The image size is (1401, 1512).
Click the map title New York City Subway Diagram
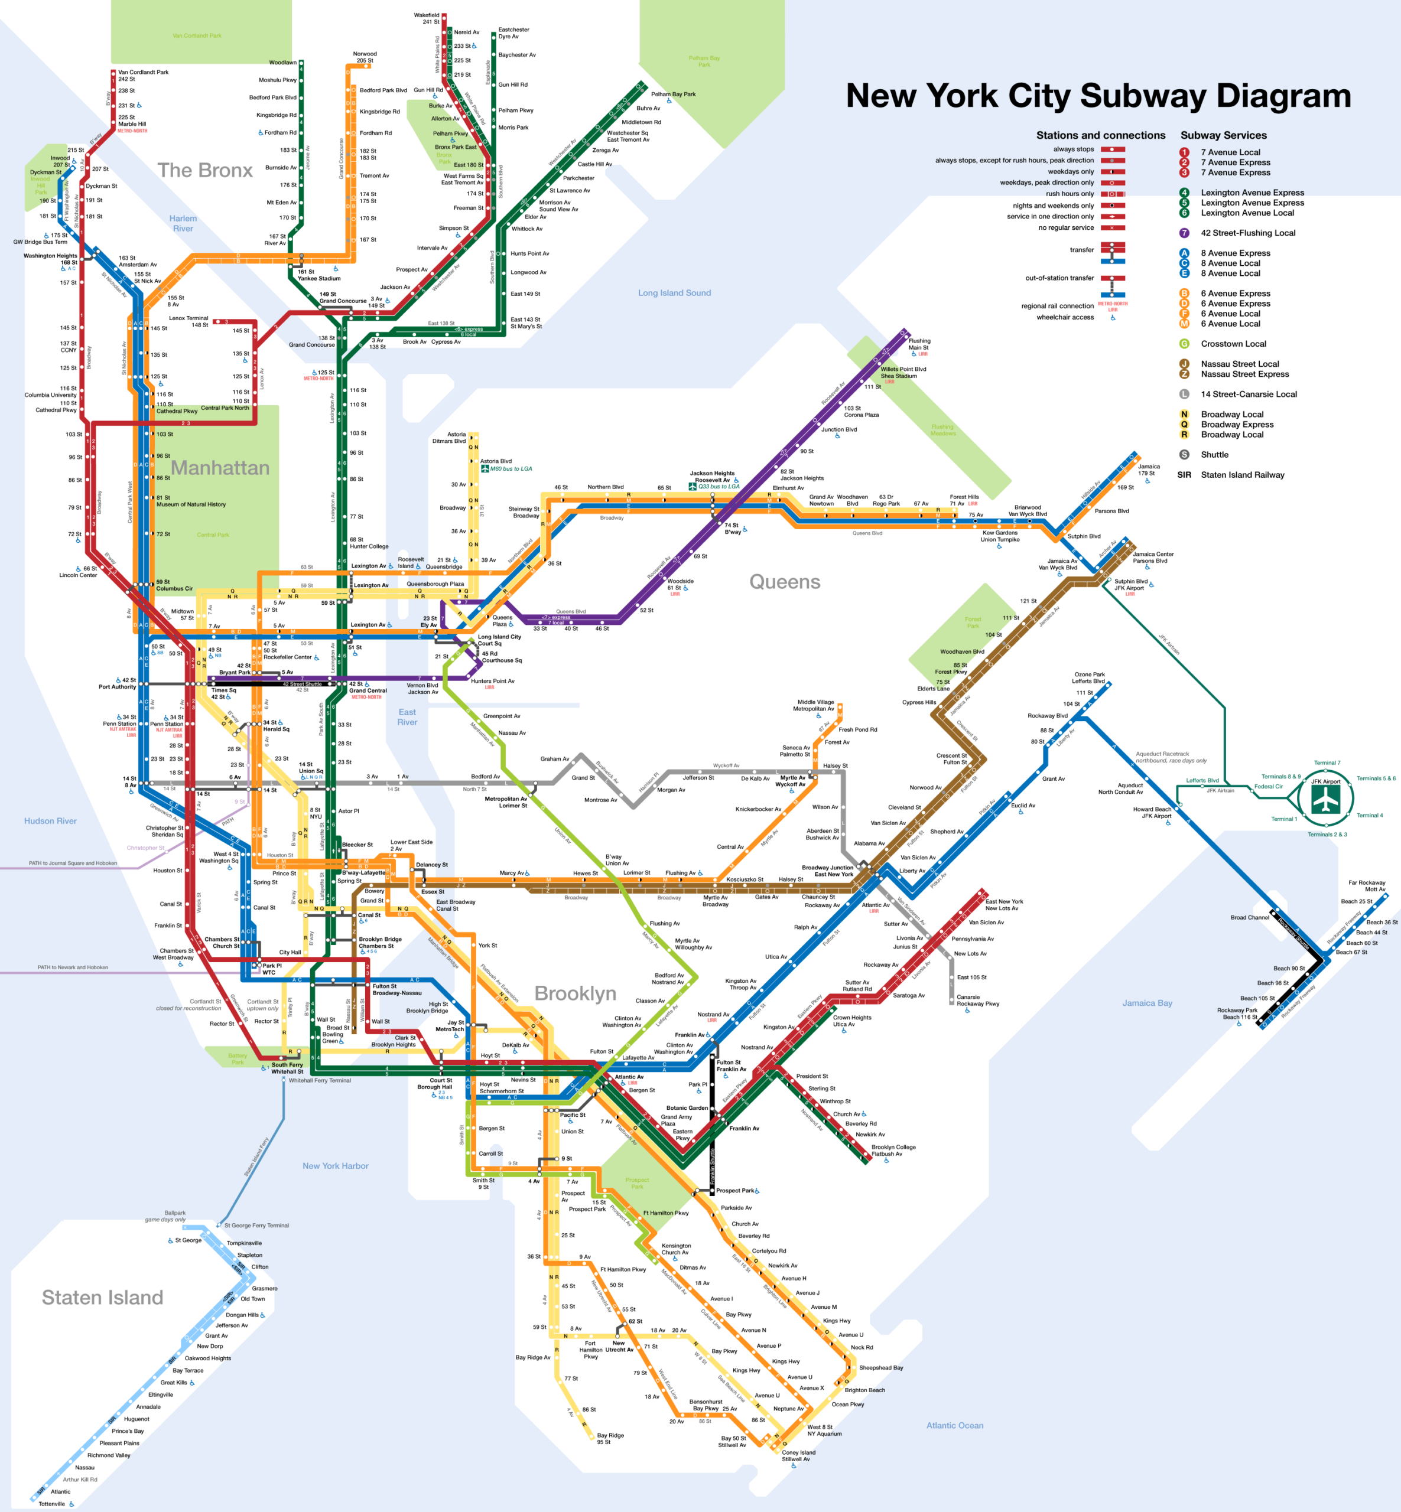point(1098,96)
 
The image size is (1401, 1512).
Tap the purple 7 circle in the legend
point(1184,233)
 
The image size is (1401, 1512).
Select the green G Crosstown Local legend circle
point(1184,343)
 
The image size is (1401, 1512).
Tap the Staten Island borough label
point(102,1298)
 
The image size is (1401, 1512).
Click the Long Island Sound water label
point(674,292)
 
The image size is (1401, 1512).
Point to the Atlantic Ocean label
point(954,1426)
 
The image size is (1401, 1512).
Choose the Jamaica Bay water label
point(1147,1003)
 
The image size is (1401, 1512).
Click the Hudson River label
point(50,821)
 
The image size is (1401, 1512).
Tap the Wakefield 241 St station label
point(426,18)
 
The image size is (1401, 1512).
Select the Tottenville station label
point(51,1504)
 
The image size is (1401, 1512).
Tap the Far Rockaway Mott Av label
point(1366,886)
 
